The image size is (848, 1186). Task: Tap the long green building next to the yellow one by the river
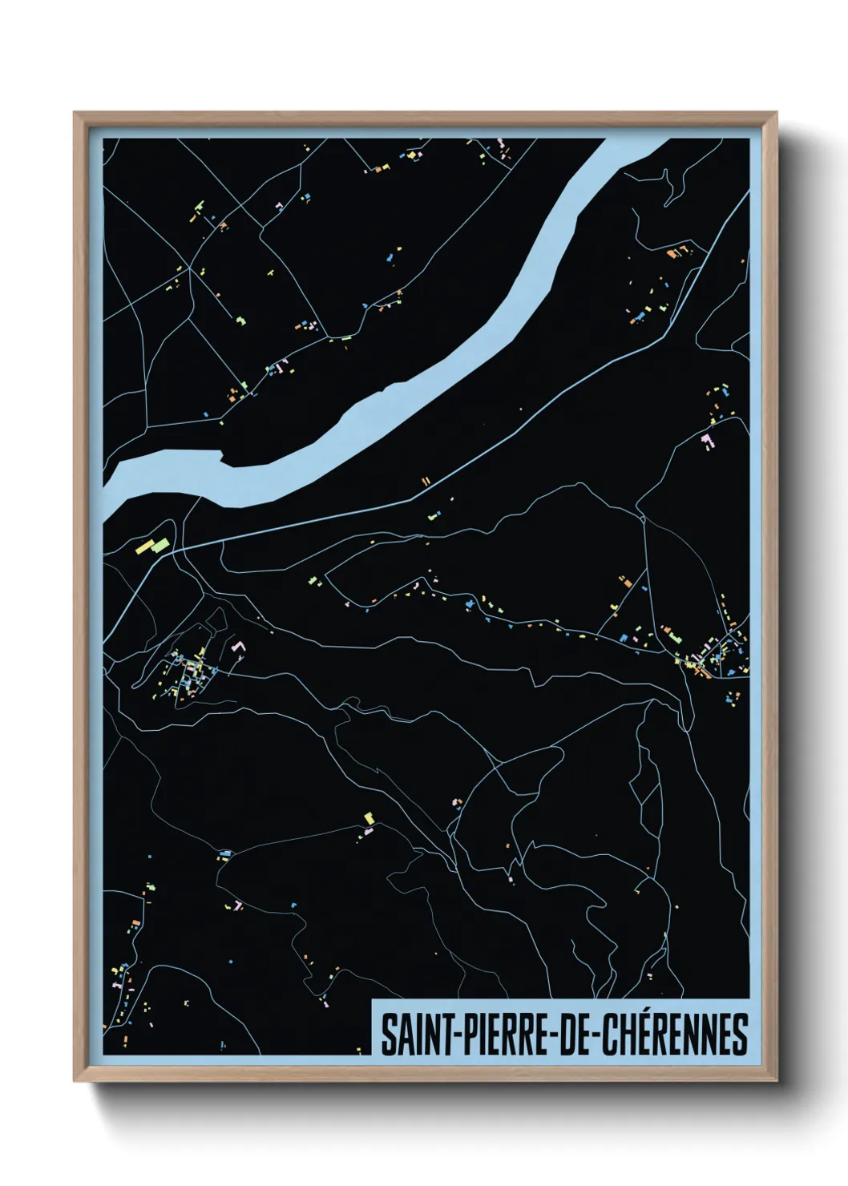pos(160,545)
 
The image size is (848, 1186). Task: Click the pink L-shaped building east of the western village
pos(237,647)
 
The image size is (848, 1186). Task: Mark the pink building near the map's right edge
pos(707,438)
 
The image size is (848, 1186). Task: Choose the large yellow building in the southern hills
pos(369,818)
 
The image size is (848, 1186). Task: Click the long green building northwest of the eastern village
pos(672,636)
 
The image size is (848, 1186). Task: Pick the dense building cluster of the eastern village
pos(713,653)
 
